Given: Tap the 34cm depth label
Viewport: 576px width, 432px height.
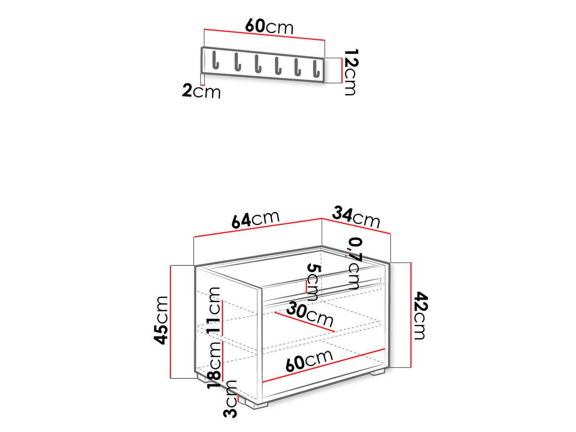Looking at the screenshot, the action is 356,217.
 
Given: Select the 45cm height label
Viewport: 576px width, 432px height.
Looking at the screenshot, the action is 161,320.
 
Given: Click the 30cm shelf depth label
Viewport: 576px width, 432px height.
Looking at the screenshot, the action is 310,314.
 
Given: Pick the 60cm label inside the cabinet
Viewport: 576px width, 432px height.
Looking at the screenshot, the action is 309,360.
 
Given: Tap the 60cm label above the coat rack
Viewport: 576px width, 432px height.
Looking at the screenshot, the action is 269,27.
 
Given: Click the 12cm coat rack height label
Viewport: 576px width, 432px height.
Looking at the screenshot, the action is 351,72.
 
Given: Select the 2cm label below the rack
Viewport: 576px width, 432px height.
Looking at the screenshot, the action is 201,91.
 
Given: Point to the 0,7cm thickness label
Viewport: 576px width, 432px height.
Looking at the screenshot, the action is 354,263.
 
